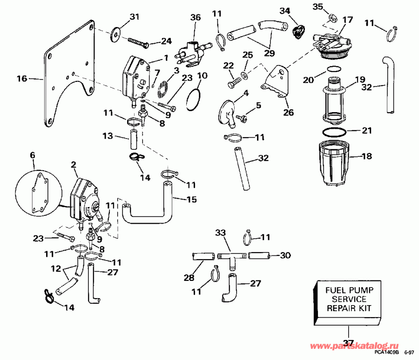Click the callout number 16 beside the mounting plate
coord(22,79)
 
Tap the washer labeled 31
coord(116,34)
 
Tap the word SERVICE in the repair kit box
coord(345,299)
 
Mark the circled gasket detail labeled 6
coord(38,190)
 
